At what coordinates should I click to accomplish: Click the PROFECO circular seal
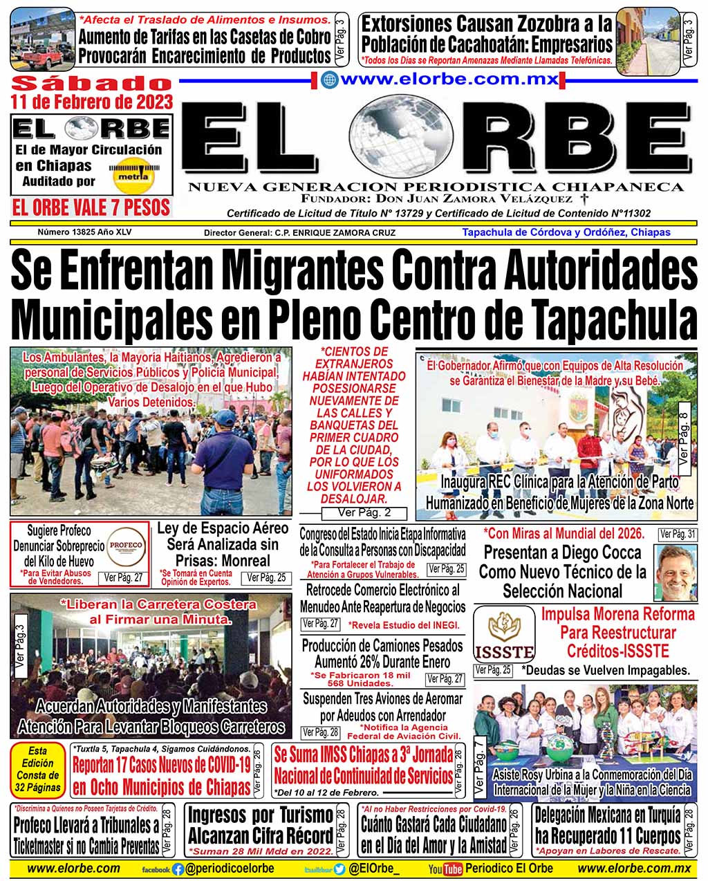(127, 545)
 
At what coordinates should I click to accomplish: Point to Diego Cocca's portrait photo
(675, 572)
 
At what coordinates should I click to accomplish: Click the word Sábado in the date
(91, 84)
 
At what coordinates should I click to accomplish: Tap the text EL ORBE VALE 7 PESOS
(91, 207)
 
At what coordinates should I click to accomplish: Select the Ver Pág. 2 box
(364, 512)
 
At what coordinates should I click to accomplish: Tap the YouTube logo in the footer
(445, 869)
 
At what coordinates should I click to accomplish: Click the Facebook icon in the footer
(178, 869)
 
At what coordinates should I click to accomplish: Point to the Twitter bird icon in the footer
(339, 869)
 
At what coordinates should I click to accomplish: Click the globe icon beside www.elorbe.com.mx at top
(330, 80)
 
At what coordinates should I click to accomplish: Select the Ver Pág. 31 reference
(678, 534)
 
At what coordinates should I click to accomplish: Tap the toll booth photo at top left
(43, 40)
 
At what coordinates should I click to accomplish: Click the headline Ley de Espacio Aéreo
(223, 528)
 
